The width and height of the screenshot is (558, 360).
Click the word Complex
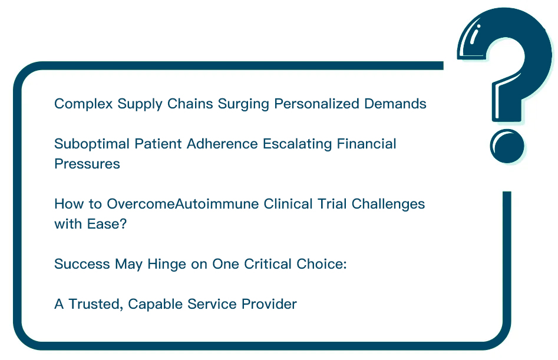pyautogui.click(x=84, y=104)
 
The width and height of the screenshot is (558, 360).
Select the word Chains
pyautogui.click(x=190, y=104)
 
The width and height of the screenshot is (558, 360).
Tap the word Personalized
pyautogui.click(x=316, y=104)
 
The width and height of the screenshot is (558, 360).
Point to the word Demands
pyautogui.click(x=395, y=104)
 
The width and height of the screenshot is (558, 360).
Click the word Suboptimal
pyautogui.click(x=92, y=144)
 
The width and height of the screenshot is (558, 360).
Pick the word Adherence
pyautogui.click(x=222, y=144)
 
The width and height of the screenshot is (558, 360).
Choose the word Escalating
pyautogui.click(x=297, y=144)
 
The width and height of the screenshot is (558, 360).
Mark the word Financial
pyautogui.click(x=367, y=144)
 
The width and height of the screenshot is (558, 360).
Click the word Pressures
pyautogui.click(x=87, y=164)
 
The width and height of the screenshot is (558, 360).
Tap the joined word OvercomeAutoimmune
pyautogui.click(x=183, y=204)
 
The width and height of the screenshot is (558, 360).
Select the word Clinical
pyautogui.click(x=288, y=204)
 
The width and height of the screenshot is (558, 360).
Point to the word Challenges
pyautogui.click(x=388, y=204)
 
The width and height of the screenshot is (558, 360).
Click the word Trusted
pyautogui.click(x=95, y=305)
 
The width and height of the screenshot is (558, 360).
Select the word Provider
pyautogui.click(x=269, y=305)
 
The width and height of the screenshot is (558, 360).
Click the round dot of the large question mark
pyautogui.click(x=507, y=146)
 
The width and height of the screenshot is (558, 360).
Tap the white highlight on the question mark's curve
pyautogui.click(x=474, y=35)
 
